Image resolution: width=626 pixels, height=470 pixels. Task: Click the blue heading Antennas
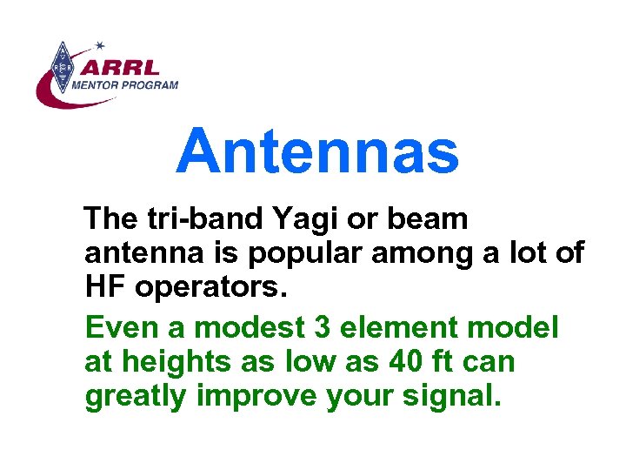point(317,151)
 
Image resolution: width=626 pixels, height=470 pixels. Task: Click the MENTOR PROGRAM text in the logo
point(125,85)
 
